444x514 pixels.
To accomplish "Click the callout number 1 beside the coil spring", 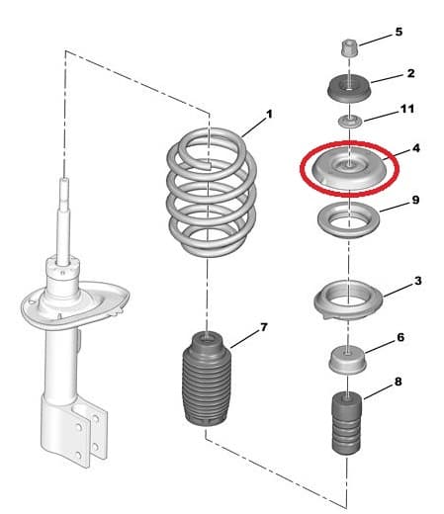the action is pyautogui.click(x=270, y=115).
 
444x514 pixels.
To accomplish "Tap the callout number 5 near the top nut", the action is pyautogui.click(x=399, y=32).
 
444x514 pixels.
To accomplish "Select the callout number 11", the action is pyautogui.click(x=407, y=109).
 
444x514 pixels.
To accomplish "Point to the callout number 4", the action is pyautogui.click(x=416, y=148).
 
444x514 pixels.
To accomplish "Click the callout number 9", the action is pyautogui.click(x=415, y=200).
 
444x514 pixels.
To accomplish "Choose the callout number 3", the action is pyautogui.click(x=417, y=281).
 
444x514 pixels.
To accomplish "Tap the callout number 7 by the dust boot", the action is pyautogui.click(x=264, y=327).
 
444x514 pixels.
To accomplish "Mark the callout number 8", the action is pyautogui.click(x=398, y=382).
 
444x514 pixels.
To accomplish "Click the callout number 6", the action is pyautogui.click(x=400, y=337).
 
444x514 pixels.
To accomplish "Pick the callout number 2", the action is pyautogui.click(x=410, y=73).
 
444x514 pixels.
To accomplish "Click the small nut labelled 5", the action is pyautogui.click(x=349, y=48).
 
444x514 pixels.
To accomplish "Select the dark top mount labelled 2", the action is pyautogui.click(x=349, y=88).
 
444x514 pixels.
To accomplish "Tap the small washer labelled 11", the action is pyautogui.click(x=350, y=122).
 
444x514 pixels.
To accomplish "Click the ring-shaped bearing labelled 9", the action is pyautogui.click(x=348, y=228).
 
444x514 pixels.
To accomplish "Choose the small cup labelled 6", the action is pyautogui.click(x=348, y=360).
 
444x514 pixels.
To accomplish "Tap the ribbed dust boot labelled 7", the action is pyautogui.click(x=207, y=379).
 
